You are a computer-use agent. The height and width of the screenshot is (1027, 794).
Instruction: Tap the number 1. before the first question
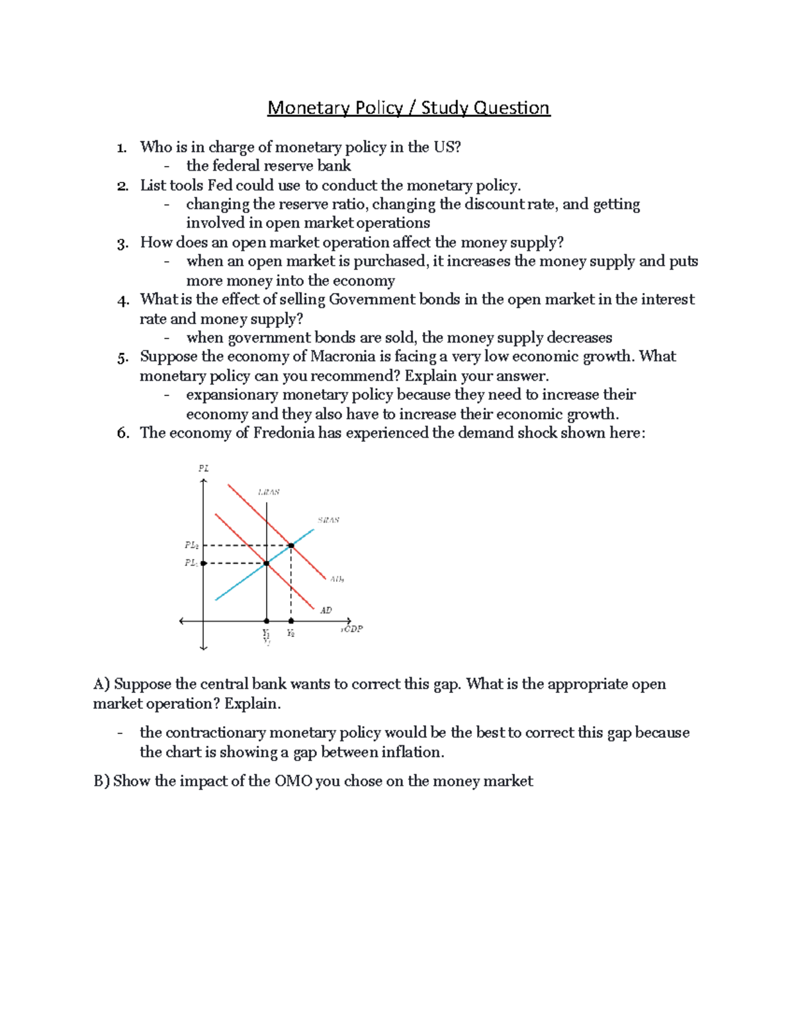[121, 147]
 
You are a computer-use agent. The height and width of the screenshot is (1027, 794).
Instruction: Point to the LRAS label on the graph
[269, 492]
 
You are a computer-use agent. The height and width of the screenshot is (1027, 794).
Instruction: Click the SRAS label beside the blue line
[329, 520]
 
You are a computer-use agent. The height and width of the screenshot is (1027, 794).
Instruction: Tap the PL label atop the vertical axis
[204, 468]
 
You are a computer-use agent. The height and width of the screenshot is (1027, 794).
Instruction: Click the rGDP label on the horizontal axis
[352, 629]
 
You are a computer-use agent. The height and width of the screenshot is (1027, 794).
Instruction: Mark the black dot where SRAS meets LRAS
[267, 563]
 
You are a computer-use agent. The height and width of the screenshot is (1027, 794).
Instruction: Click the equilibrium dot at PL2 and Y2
[291, 546]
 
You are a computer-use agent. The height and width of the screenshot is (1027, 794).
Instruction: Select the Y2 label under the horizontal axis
[290, 633]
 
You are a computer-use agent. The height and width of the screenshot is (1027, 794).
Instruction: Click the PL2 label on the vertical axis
[191, 546]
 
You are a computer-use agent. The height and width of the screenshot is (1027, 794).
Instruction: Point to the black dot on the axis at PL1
[204, 563]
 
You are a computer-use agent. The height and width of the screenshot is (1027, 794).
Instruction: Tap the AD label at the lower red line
[326, 610]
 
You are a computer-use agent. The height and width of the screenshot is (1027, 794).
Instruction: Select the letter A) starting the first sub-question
[101, 684]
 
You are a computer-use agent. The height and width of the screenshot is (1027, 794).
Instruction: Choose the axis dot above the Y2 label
[291, 621]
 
